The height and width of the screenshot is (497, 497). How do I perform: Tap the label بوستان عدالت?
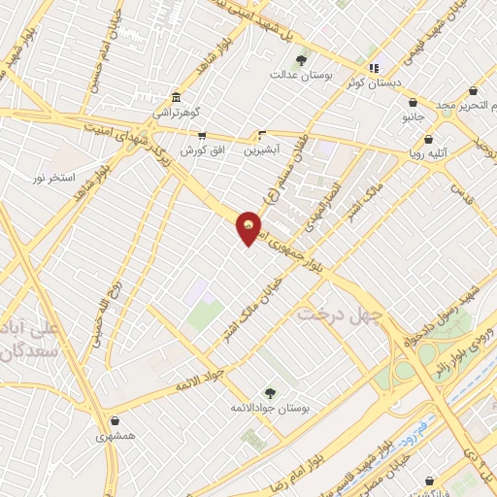click(290, 74)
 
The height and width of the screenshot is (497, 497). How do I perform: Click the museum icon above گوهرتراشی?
click(175, 98)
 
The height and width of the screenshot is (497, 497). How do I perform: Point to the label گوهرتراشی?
click(175, 113)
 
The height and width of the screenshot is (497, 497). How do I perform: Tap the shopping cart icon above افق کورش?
click(202, 136)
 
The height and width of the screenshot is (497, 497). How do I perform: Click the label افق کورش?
click(198, 150)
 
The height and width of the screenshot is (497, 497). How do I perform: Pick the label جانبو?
click(414, 116)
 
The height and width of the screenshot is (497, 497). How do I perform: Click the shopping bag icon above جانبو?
click(414, 102)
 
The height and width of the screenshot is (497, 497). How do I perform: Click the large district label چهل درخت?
click(336, 315)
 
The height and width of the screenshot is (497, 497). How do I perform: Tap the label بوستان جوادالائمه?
click(270, 409)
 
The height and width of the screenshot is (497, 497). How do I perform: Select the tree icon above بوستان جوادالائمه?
click(269, 393)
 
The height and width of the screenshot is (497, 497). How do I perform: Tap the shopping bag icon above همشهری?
click(116, 421)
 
